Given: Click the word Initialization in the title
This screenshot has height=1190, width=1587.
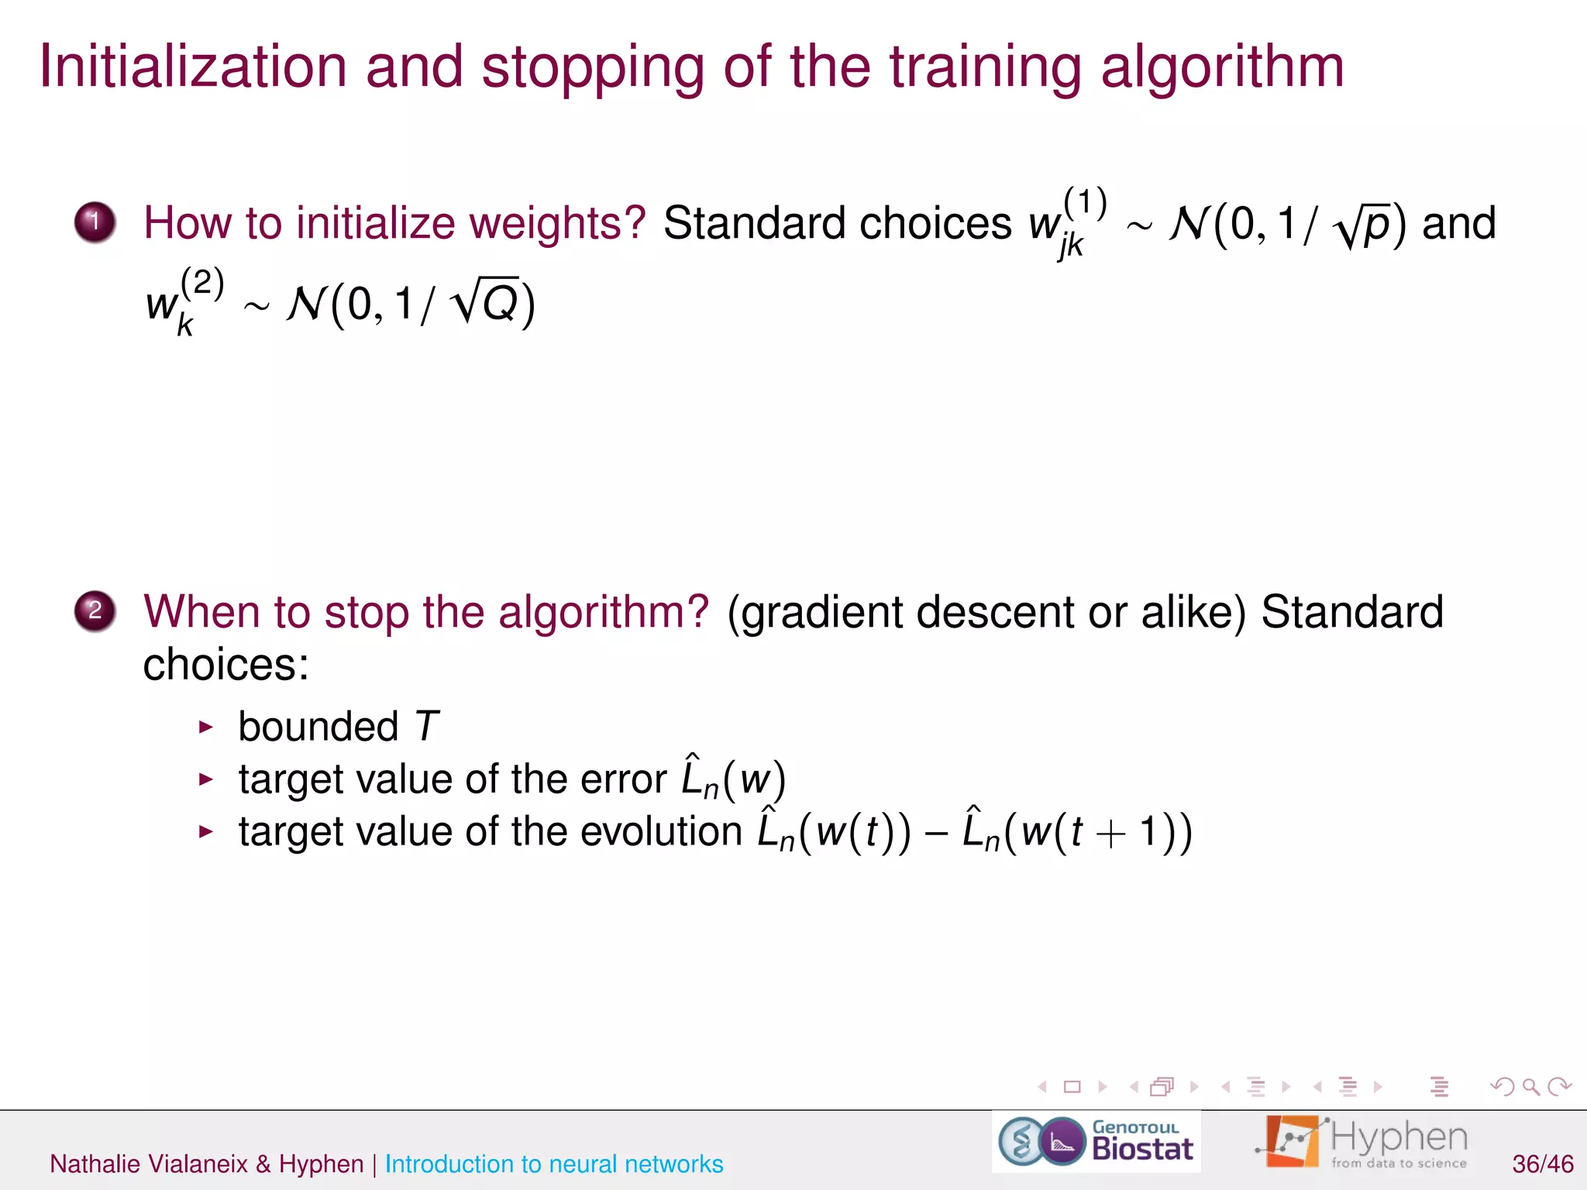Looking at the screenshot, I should [193, 67].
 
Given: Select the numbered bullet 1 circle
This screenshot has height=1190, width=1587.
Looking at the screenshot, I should [95, 222].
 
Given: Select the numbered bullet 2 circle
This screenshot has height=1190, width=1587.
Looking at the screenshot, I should [95, 611].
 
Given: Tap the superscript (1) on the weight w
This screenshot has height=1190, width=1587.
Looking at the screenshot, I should [1085, 203].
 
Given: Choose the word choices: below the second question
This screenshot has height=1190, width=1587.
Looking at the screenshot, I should [225, 665].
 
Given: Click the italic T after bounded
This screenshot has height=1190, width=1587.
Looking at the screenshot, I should [427, 727].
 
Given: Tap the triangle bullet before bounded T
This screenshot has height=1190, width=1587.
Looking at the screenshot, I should [205, 727].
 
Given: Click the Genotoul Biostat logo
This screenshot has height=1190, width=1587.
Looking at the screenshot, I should [1096, 1141].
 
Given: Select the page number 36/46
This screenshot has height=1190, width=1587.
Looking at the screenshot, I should [1542, 1164].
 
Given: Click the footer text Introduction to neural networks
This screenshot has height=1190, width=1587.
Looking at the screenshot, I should [554, 1164].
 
